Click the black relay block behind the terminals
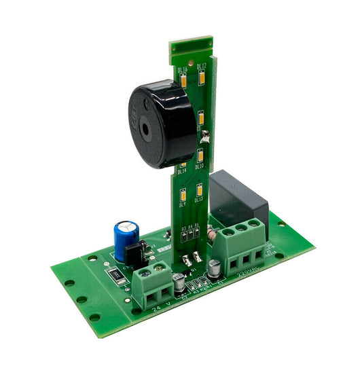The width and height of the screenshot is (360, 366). coord(238,197)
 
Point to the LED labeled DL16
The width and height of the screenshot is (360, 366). coord(184,81)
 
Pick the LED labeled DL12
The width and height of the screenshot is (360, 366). coord(202,79)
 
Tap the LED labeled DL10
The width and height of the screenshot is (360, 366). coord(200,155)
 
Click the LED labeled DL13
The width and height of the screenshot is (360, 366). coord(199,189)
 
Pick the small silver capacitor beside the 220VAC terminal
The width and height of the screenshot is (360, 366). coord(213,267)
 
